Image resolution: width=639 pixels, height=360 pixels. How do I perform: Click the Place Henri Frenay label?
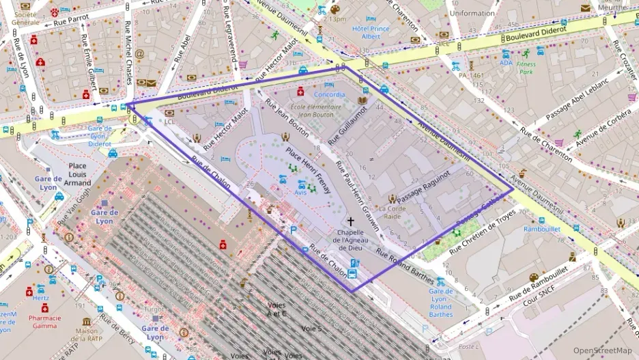click(309, 169)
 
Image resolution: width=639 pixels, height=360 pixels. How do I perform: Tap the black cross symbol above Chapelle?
click(351, 221)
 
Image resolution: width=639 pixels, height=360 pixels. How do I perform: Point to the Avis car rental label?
click(300, 193)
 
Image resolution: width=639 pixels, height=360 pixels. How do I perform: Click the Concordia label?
click(329, 94)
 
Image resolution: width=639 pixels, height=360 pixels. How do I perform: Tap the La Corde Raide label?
click(393, 212)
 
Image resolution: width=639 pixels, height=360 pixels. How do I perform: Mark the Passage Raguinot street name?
click(424, 185)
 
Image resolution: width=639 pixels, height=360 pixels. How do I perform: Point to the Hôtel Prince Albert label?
click(371, 32)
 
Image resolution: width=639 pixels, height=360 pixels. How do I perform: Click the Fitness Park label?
click(526, 68)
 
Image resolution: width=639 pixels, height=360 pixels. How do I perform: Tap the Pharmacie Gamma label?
click(45, 321)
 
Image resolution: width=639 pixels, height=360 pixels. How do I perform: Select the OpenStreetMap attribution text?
click(603, 350)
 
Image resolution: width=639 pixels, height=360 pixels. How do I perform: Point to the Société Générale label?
click(25, 18)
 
